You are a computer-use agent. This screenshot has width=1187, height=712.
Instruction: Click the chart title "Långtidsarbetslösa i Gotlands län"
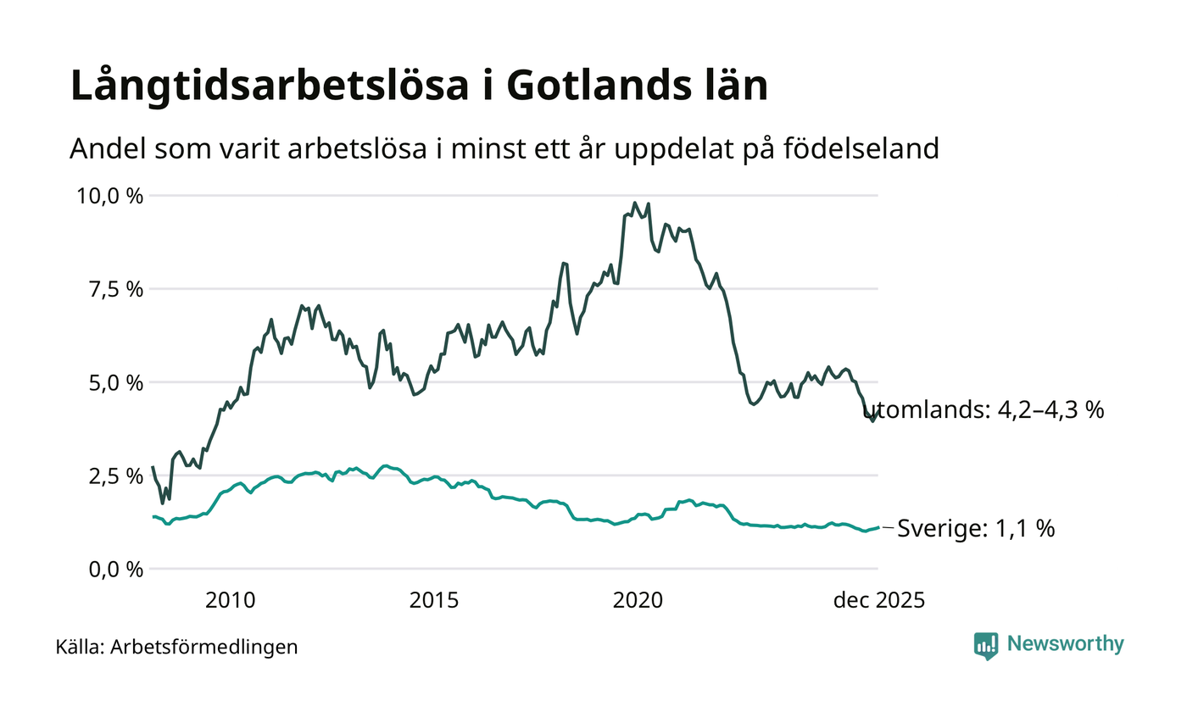point(419,87)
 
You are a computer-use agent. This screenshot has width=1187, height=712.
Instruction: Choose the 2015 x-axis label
point(434,601)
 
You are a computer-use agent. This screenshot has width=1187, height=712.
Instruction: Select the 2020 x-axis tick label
point(637,601)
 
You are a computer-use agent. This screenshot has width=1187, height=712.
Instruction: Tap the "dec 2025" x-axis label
point(878,601)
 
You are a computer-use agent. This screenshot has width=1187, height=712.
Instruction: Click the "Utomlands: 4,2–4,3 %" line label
point(984,411)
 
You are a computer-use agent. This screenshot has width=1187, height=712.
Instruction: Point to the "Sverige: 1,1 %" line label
point(976,529)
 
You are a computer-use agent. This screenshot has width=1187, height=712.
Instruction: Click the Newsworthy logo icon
point(986,646)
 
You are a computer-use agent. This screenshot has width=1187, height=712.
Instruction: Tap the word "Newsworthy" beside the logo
point(1065,644)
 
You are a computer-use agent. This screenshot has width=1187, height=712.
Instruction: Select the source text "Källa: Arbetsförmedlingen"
point(176,648)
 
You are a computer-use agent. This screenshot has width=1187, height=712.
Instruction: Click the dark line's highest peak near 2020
point(634,203)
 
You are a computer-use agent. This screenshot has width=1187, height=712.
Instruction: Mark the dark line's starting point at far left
point(153,467)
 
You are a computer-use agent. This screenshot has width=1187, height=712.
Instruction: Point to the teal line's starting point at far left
point(153,516)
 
